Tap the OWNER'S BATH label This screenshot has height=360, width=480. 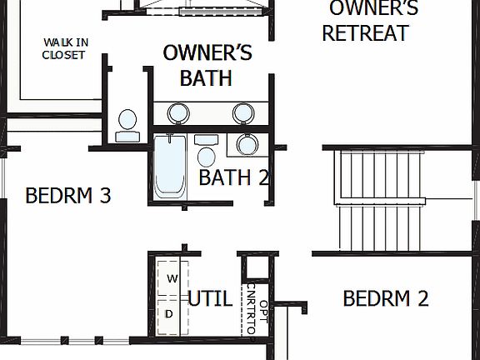coord(207,66)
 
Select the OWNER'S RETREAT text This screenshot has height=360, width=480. coord(367,22)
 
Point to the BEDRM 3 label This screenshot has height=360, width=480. coord(68,196)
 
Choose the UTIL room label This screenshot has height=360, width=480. coord(209,299)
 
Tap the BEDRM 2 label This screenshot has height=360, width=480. coord(386,298)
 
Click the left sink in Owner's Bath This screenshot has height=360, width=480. coord(177,112)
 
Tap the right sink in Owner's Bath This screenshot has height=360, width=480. coord(242,112)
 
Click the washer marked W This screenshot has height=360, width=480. coord(172,277)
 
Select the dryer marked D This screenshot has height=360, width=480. coord(169,313)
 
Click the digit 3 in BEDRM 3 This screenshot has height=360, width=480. coord(105,196)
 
